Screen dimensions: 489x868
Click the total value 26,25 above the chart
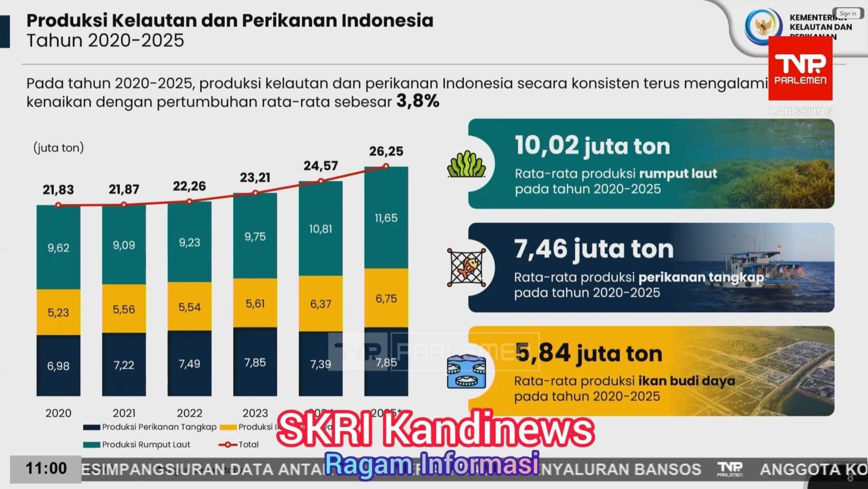pos(386,151)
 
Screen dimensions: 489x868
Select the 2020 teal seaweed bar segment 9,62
pos(59,248)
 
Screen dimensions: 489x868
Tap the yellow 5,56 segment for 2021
pos(124,309)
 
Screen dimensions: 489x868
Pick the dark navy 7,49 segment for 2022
pos(189,363)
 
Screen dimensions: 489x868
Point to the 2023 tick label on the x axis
pos(255,413)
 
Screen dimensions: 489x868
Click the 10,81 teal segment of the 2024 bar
pos(321,229)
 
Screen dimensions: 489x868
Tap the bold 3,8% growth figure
pos(418,101)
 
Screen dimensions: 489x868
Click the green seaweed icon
pos(466,165)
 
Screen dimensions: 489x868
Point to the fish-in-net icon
pos(466,267)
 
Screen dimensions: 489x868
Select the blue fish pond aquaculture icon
pos(466,372)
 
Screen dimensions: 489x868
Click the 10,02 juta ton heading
pos(592,146)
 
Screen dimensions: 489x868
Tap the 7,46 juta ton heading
pos(593,249)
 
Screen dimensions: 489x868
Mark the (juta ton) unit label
pos(59,148)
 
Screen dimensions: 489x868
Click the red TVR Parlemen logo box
pos(800,69)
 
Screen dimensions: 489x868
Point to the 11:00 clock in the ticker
pos(46,468)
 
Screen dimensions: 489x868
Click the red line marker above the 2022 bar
pos(189,201)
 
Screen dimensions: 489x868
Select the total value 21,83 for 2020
pos(58,190)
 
